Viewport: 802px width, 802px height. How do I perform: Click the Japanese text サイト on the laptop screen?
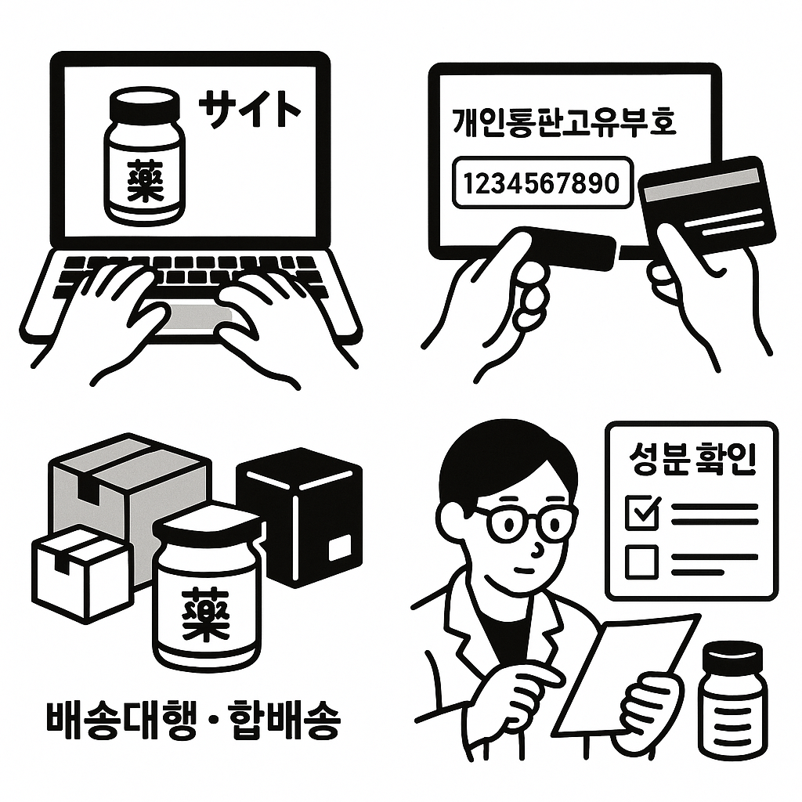coord(249,109)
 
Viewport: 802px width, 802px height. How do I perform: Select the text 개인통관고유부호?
coord(564,124)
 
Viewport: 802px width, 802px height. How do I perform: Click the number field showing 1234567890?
coord(541,183)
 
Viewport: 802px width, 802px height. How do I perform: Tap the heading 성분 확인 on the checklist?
coord(692,461)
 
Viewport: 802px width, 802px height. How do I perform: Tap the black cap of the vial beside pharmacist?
coord(732,657)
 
